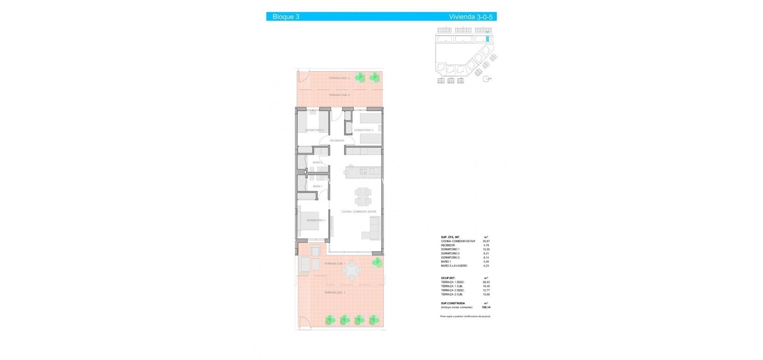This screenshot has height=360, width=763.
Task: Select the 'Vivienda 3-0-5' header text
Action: (470, 17)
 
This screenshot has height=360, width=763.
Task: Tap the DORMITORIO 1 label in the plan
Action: (316, 220)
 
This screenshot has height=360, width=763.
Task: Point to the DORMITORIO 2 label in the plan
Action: (314, 130)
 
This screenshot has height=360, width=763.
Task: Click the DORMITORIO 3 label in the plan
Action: (363, 130)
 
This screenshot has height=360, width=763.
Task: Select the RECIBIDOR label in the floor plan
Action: (337, 140)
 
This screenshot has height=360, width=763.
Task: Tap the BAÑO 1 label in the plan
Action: (317, 186)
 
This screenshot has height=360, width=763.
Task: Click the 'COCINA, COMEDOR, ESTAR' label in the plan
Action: (359, 211)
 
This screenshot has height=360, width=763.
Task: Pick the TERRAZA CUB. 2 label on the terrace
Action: (339, 95)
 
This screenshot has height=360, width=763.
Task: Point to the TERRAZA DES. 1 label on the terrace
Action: (334, 292)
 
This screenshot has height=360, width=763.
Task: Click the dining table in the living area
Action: (363, 197)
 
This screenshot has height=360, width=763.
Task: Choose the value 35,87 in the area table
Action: (486, 241)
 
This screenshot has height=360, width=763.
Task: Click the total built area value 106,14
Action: (486, 307)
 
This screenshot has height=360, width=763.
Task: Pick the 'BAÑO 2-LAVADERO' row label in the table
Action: (454, 266)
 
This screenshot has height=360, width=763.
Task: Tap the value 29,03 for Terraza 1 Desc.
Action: (486, 282)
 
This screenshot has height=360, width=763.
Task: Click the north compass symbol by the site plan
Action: (486, 79)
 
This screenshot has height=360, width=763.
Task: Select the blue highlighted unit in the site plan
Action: (488, 39)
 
